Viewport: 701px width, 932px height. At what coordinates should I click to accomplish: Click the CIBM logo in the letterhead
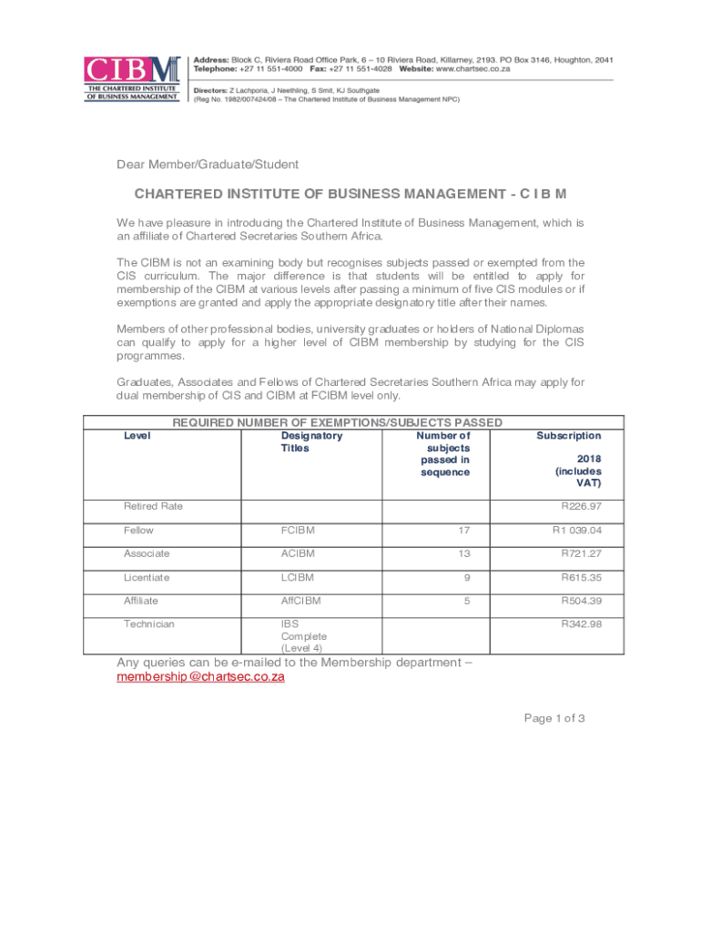[131, 78]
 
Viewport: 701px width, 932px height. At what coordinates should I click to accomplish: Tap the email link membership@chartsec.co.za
[201, 677]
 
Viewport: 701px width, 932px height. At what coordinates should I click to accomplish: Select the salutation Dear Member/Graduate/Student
[208, 165]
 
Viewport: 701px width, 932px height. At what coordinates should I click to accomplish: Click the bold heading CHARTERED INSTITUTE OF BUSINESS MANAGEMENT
[350, 195]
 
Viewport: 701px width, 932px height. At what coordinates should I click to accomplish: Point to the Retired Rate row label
[153, 506]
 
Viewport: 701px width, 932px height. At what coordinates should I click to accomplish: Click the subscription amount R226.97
[580, 506]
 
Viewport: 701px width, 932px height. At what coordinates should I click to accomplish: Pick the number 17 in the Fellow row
[463, 530]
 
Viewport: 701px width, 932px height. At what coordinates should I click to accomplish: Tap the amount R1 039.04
[576, 530]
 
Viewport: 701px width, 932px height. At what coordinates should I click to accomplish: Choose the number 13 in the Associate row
[463, 553]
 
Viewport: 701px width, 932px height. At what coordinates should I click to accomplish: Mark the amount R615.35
[580, 577]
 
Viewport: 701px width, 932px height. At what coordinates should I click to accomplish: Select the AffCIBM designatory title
[300, 601]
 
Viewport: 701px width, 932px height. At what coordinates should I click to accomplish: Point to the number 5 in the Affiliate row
[466, 601]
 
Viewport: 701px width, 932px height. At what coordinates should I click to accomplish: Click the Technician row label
[149, 624]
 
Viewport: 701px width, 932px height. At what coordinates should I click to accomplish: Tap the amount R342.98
[580, 624]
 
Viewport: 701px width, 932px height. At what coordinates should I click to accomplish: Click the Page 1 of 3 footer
[554, 718]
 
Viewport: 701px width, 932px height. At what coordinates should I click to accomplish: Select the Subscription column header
[568, 436]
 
